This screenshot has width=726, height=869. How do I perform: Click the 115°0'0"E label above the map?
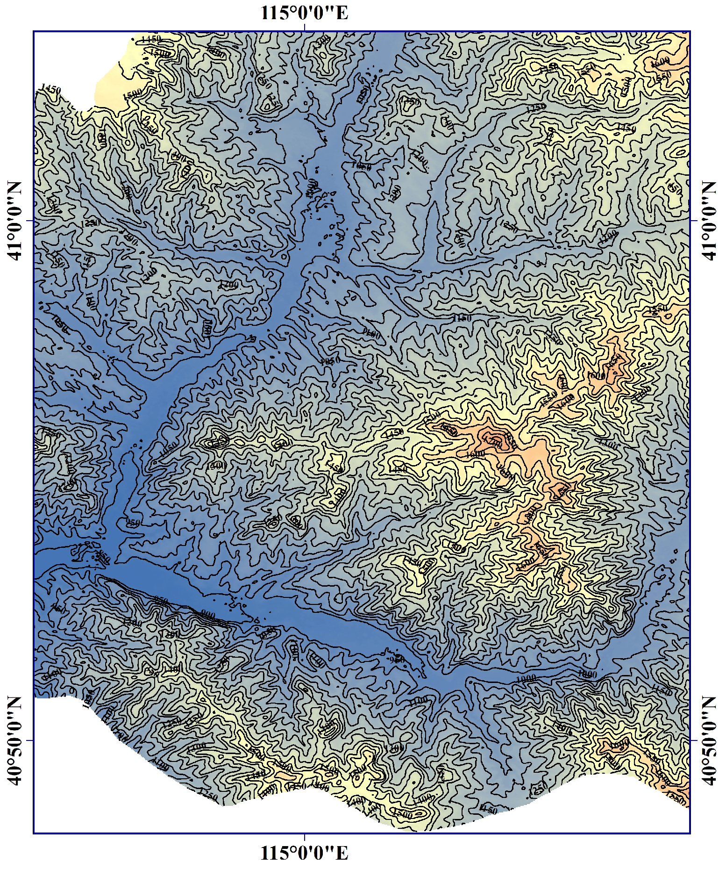tap(304, 13)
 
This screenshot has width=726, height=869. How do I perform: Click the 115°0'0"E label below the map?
tap(304, 853)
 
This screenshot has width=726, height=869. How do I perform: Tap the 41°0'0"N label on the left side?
tap(14, 221)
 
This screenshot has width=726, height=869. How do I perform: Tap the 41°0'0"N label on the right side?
tap(710, 221)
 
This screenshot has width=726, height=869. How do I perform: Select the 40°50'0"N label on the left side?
tap(14, 740)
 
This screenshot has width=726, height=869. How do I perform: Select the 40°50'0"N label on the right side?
tap(710, 740)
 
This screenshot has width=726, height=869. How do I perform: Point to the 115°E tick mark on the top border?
tap(305, 29)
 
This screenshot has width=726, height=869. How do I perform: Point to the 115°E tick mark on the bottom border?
tap(305, 836)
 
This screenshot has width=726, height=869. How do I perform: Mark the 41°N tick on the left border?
tap(30, 221)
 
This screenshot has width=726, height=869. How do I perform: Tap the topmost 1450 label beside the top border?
tap(151, 39)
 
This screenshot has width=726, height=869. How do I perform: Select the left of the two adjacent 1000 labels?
tap(526, 678)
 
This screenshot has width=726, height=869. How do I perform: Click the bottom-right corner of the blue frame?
tap(690, 833)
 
